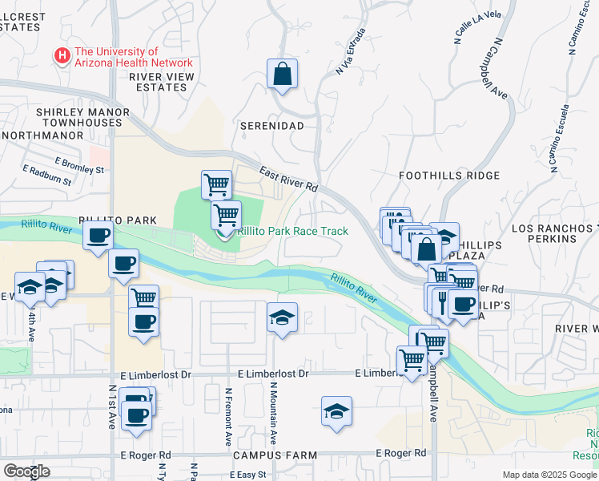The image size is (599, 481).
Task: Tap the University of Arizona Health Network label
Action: tap(133, 57)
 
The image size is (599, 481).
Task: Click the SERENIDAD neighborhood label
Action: tap(272, 127)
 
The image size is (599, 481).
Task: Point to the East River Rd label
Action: tap(288, 178)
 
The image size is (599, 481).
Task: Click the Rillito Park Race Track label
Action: tap(292, 231)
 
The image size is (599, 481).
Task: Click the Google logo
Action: tap(26, 471)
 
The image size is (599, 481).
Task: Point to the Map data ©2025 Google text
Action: tap(549, 475)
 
